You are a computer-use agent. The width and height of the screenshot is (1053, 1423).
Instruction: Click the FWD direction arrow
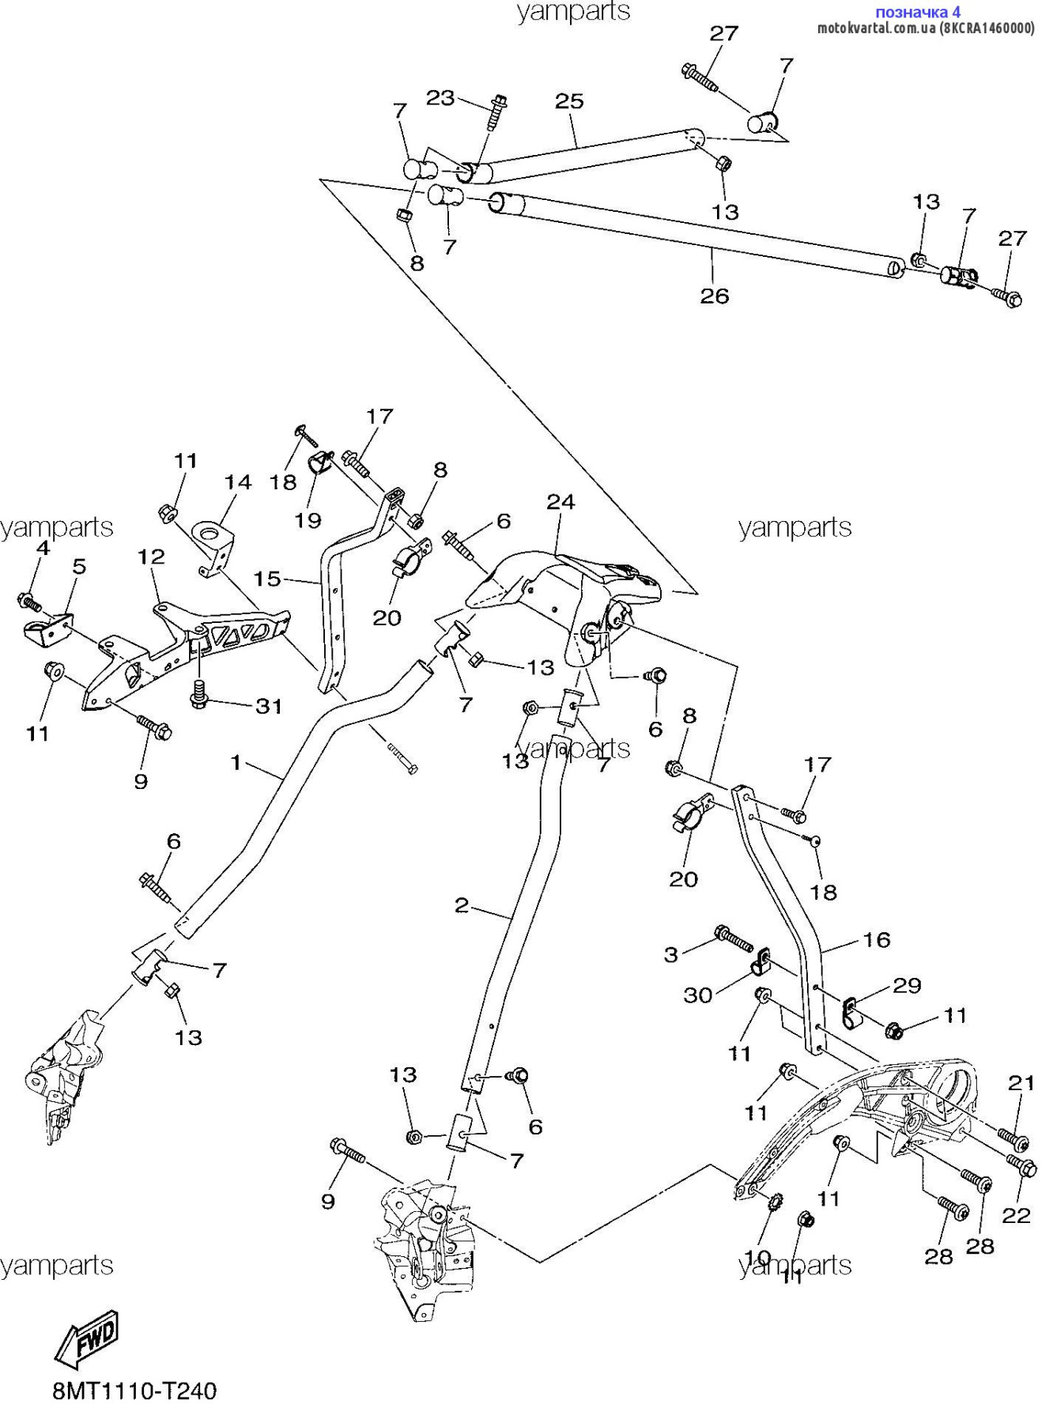click(x=88, y=1338)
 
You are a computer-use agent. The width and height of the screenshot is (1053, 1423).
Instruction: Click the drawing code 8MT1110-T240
click(x=134, y=1391)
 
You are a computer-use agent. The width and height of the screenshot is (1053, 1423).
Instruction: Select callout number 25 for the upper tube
click(x=569, y=101)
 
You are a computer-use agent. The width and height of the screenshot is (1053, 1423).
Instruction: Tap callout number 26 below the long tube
click(x=715, y=296)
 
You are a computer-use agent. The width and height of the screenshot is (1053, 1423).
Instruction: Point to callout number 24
click(x=560, y=501)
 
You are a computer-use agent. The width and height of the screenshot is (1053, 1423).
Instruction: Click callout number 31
click(x=269, y=706)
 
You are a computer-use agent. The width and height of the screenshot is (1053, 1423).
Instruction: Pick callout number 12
click(x=151, y=557)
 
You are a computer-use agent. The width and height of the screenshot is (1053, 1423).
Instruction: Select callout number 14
click(x=237, y=482)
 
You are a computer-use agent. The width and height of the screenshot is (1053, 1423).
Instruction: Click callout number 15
click(x=267, y=579)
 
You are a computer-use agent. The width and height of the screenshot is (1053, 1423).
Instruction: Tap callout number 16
click(x=876, y=939)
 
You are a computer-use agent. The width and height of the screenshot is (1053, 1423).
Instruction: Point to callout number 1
click(x=236, y=762)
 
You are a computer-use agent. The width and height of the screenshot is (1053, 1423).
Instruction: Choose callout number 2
click(x=462, y=905)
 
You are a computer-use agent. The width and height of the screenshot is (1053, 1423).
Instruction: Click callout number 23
click(x=440, y=97)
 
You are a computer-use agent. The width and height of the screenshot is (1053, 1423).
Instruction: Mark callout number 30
click(x=698, y=995)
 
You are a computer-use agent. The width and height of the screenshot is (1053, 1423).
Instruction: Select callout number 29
click(x=908, y=985)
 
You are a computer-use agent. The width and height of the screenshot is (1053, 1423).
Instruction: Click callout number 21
click(x=1021, y=1083)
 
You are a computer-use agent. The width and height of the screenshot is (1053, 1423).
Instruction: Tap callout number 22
click(x=1017, y=1215)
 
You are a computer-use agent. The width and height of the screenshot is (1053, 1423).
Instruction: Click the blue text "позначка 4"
click(x=918, y=12)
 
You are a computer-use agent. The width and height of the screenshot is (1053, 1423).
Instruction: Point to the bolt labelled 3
click(x=734, y=938)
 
